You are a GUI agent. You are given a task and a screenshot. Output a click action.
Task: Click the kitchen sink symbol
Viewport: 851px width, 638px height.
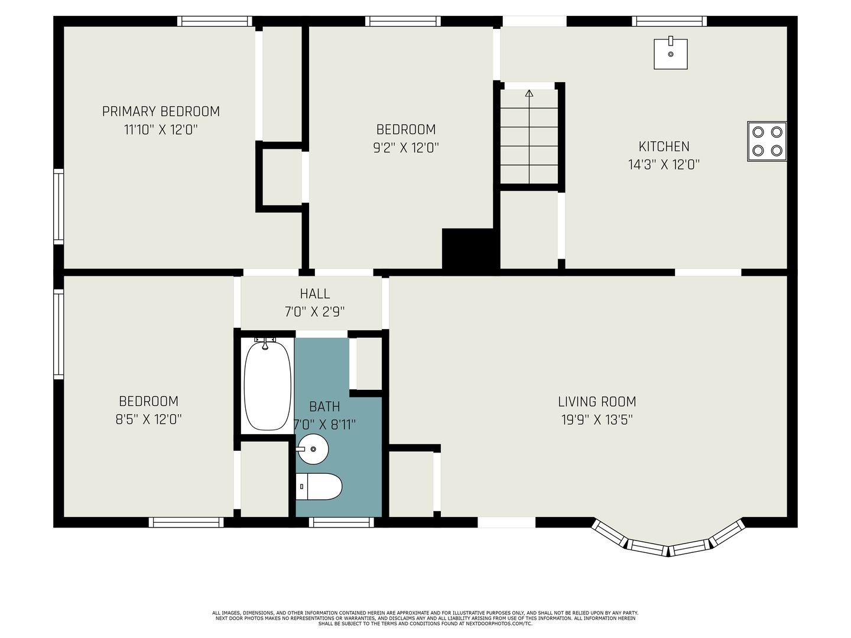point(670,54)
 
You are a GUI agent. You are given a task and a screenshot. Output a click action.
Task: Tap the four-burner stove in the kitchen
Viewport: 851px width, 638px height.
point(767,141)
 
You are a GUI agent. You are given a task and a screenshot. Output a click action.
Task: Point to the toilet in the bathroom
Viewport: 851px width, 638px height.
point(319,486)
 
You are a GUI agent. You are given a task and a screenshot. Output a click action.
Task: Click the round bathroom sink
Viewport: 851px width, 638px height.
point(313,449)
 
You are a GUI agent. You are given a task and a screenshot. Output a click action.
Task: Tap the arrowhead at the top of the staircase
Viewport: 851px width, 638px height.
point(529,93)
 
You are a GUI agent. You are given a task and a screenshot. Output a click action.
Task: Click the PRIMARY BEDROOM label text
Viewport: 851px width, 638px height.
point(161,112)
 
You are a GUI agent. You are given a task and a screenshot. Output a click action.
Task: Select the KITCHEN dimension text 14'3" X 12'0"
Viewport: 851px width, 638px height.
point(664,165)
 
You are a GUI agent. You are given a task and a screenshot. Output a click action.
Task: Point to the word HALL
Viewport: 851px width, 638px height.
point(315,294)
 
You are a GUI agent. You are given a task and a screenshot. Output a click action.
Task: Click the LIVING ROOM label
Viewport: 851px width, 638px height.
point(597,401)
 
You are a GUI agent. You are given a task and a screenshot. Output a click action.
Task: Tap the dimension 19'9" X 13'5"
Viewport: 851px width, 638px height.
point(597,419)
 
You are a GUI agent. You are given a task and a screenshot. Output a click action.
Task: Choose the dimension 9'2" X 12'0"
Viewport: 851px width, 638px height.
point(406,148)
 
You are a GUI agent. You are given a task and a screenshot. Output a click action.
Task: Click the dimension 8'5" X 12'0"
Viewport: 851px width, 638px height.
point(148,419)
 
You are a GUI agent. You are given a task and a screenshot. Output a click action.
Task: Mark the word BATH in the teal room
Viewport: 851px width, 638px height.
point(324,406)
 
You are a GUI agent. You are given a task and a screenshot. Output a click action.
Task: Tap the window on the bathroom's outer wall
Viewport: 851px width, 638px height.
point(342,522)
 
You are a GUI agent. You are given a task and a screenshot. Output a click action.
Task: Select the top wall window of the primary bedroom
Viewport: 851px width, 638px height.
point(215,21)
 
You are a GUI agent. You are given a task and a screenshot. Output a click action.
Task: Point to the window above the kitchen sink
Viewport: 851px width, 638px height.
point(670,21)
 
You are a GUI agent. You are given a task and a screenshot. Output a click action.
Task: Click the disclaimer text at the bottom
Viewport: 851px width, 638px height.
point(425,619)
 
